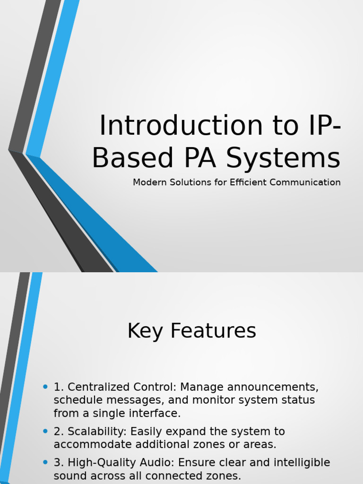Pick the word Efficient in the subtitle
click(247, 182)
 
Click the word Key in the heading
click(146, 331)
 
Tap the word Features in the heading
click(213, 331)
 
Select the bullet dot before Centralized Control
click(45, 387)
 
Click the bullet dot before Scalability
click(45, 431)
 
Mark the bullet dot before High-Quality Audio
click(45, 462)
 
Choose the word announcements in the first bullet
click(273, 387)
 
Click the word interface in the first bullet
click(157, 414)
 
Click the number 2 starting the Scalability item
click(57, 432)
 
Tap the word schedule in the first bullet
click(74, 400)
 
